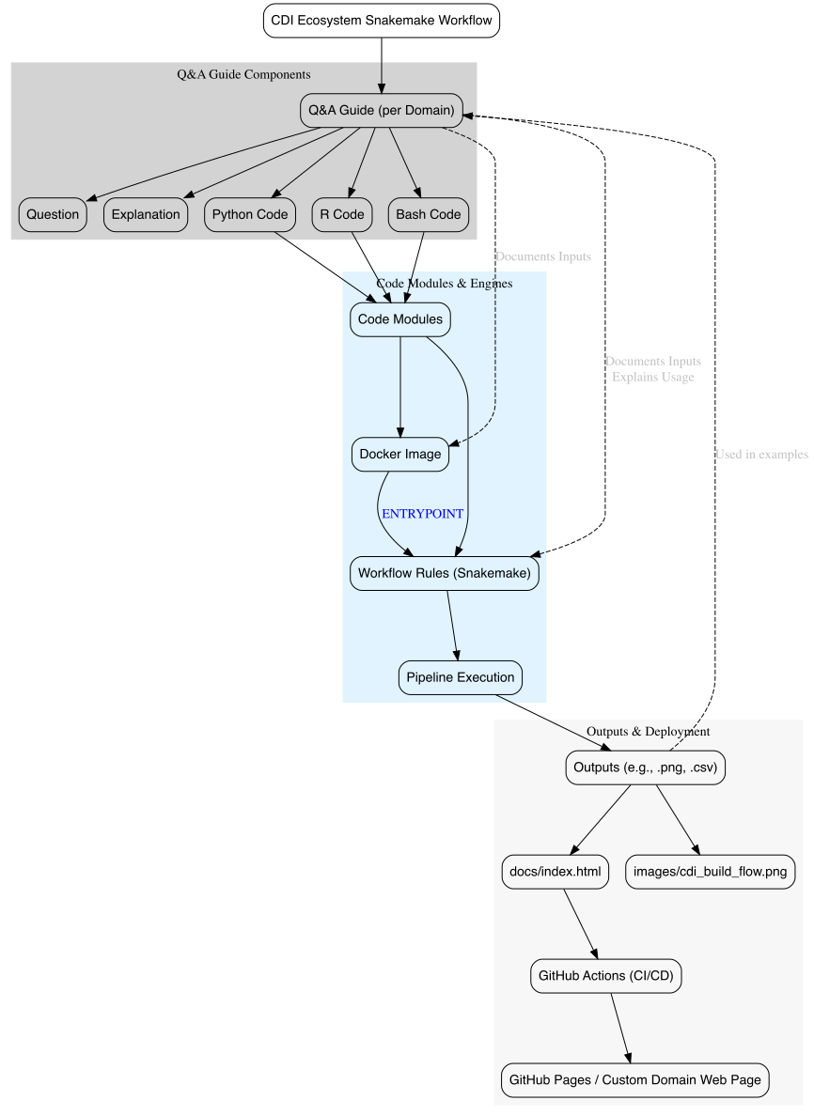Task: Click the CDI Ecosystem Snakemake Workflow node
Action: [381, 21]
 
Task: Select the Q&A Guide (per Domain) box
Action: [381, 110]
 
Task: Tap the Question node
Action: [53, 214]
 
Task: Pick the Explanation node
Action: [145, 214]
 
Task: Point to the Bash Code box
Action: [428, 214]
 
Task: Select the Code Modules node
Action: [399, 319]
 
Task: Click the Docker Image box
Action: [399, 454]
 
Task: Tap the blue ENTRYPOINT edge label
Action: [422, 514]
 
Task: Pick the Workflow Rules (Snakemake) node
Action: [445, 572]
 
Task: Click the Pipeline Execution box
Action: [460, 677]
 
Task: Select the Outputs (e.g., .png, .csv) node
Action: [647, 767]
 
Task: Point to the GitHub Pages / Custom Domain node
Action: [634, 1080]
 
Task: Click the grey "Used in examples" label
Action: [760, 454]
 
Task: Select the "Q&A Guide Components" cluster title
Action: [243, 73]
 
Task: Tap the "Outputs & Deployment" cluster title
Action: [648, 731]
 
